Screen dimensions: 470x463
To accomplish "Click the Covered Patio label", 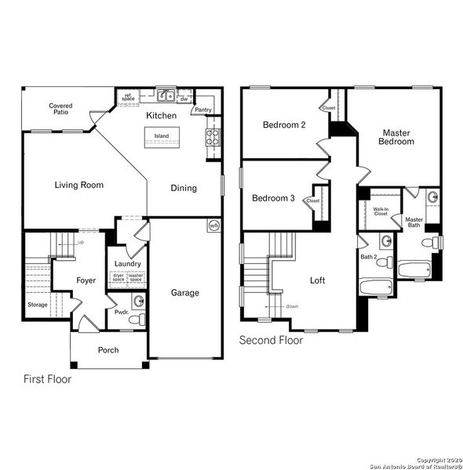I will pyautogui.click(x=60, y=109).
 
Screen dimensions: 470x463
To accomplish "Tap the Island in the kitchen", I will pyautogui.click(x=161, y=136).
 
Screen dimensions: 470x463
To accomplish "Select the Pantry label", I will pyautogui.click(x=203, y=110).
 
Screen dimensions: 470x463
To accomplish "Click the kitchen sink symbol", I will pyautogui.click(x=166, y=97).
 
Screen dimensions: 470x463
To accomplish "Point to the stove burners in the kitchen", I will pyautogui.click(x=213, y=138).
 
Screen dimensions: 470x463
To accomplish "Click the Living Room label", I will pyautogui.click(x=79, y=186).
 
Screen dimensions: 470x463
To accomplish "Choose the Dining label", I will pyautogui.click(x=184, y=188).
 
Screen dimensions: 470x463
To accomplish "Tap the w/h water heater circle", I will pyautogui.click(x=213, y=226).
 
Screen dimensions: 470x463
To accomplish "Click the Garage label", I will pyautogui.click(x=185, y=293).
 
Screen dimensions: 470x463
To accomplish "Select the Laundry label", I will pyautogui.click(x=127, y=264).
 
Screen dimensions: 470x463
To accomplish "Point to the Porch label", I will pyautogui.click(x=108, y=350).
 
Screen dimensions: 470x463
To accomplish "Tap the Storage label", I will pyautogui.click(x=37, y=305).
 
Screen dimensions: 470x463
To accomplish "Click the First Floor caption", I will pyautogui.click(x=47, y=380).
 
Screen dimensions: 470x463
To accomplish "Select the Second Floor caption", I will pyautogui.click(x=271, y=341).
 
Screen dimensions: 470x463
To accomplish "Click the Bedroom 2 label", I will pyautogui.click(x=284, y=125).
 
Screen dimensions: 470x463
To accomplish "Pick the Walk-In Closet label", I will pyautogui.click(x=381, y=211).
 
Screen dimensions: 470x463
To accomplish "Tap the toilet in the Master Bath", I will pyautogui.click(x=428, y=244).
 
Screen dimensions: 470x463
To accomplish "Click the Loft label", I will pyautogui.click(x=317, y=280).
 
